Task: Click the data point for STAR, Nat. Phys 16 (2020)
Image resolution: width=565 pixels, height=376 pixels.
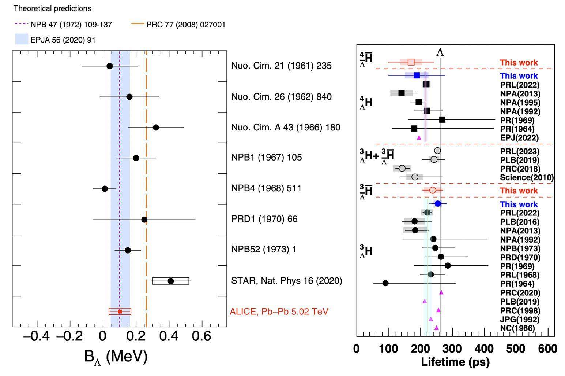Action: point(170,281)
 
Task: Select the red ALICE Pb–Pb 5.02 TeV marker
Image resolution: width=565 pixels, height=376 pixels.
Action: point(120,312)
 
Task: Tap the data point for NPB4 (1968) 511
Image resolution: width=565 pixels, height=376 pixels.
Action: point(105,189)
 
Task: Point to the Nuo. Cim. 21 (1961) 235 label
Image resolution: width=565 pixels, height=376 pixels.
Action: point(281,66)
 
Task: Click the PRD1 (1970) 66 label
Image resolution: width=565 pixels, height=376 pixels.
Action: point(264,219)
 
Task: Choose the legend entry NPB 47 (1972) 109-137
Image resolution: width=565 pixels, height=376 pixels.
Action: point(71,25)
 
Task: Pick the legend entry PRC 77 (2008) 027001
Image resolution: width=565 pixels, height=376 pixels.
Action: point(186,25)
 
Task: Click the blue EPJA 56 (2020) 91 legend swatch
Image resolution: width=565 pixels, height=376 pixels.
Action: point(22,39)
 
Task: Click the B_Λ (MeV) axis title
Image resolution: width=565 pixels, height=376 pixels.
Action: point(116,356)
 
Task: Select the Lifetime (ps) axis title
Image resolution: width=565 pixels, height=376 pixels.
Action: point(455,362)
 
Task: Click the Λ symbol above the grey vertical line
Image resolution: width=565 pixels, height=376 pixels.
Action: point(440,52)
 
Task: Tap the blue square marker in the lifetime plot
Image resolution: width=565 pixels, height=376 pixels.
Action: point(417,75)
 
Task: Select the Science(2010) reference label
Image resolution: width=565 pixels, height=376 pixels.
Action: point(527,178)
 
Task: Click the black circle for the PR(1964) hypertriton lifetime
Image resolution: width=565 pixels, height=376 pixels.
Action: point(385,283)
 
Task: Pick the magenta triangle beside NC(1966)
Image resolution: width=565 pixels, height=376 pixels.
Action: point(436,328)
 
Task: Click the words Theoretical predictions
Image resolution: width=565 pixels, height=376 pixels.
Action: point(53,8)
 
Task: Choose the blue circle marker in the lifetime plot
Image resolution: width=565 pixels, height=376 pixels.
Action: point(438,204)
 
